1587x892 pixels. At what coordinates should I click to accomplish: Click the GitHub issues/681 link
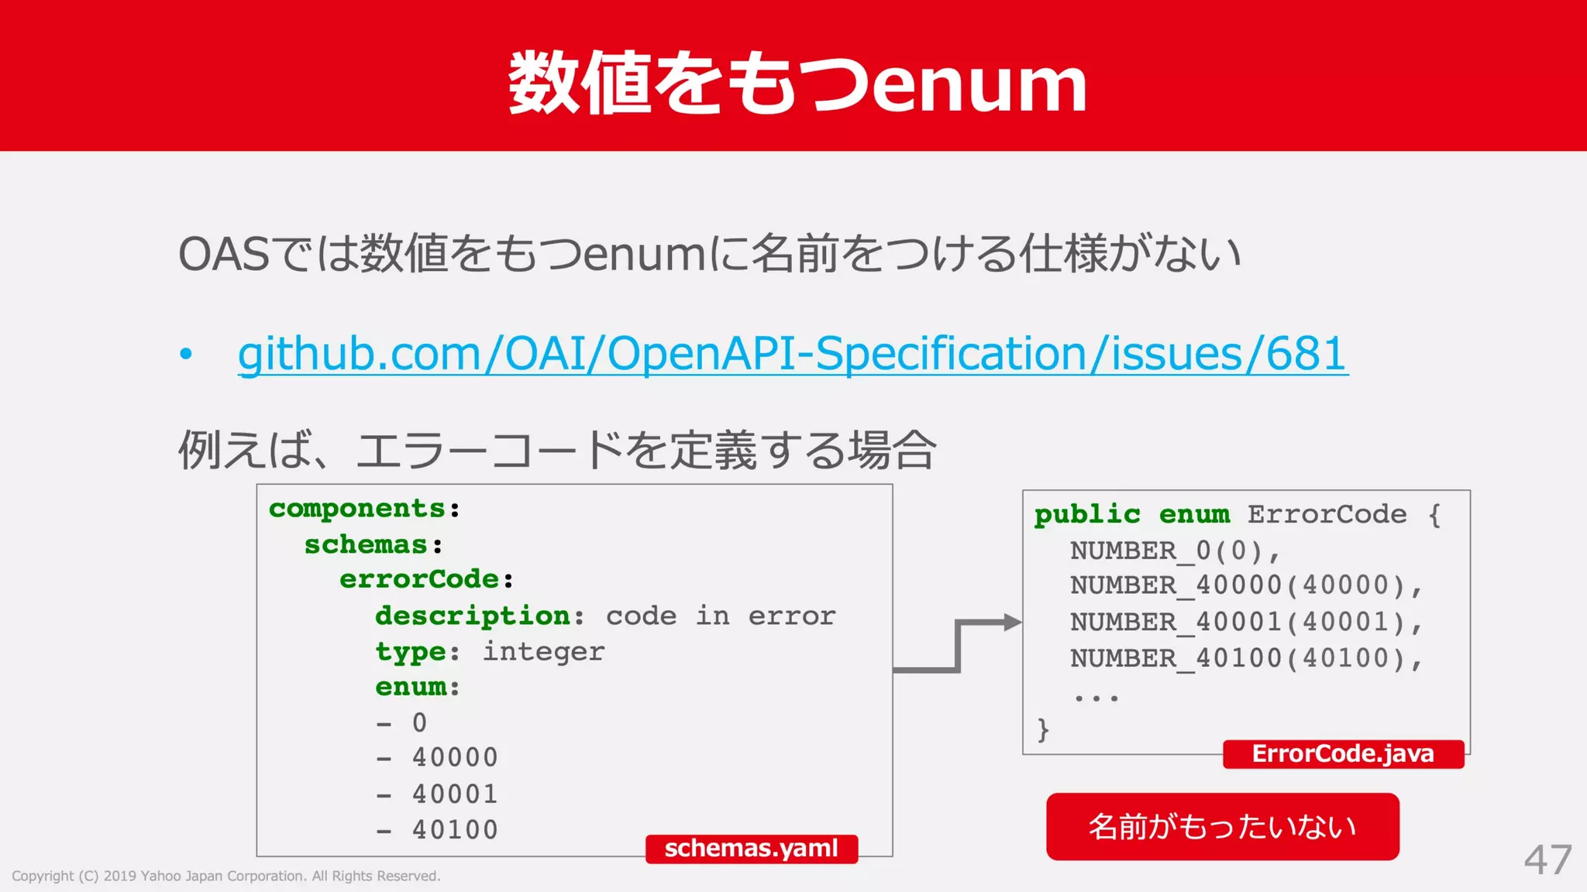point(792,354)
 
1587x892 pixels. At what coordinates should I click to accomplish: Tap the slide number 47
point(1547,860)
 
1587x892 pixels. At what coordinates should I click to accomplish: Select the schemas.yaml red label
point(751,849)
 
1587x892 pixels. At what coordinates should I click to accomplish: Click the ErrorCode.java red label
point(1343,753)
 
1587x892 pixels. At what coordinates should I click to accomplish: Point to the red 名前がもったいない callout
point(1222,826)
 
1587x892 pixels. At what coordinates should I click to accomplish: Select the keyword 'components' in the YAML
point(356,509)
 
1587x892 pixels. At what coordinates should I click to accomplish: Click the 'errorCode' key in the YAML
point(419,579)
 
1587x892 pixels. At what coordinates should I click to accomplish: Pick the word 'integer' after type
point(543,651)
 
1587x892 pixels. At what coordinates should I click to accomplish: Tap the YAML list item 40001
point(455,794)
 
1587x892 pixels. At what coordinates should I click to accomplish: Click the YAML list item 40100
point(455,829)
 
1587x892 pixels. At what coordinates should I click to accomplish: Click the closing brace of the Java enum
point(1043,729)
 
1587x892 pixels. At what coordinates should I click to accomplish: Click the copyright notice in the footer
point(225,876)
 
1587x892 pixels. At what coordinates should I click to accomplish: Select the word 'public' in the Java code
point(1087,514)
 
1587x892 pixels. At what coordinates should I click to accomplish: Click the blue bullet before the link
point(186,355)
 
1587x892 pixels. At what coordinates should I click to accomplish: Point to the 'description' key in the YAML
point(473,616)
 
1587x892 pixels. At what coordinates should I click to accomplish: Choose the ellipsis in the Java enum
point(1096,697)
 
